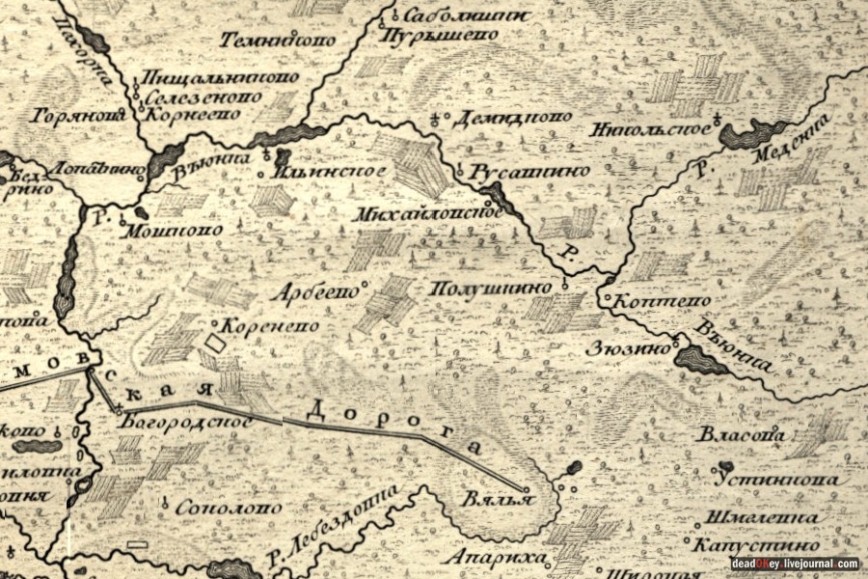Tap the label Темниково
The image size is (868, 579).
278,41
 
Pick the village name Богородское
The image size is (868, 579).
188,422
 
